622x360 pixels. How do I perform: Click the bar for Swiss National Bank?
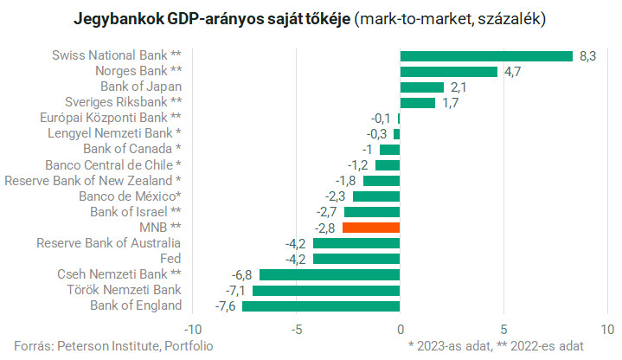tap(486, 56)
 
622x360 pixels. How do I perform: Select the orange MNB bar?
tap(371, 227)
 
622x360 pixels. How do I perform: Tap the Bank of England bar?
tap(321, 305)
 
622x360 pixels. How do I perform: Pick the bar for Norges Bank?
tap(448, 72)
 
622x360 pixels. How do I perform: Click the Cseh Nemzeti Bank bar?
tap(330, 274)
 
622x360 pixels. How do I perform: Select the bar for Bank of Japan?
tap(421, 87)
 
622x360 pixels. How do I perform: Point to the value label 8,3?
tap(588, 56)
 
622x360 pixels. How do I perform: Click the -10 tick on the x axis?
tap(193, 329)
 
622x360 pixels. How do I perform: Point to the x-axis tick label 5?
tap(503, 329)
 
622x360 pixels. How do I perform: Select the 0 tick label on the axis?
tap(400, 329)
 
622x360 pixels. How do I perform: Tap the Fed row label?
tap(170, 259)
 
